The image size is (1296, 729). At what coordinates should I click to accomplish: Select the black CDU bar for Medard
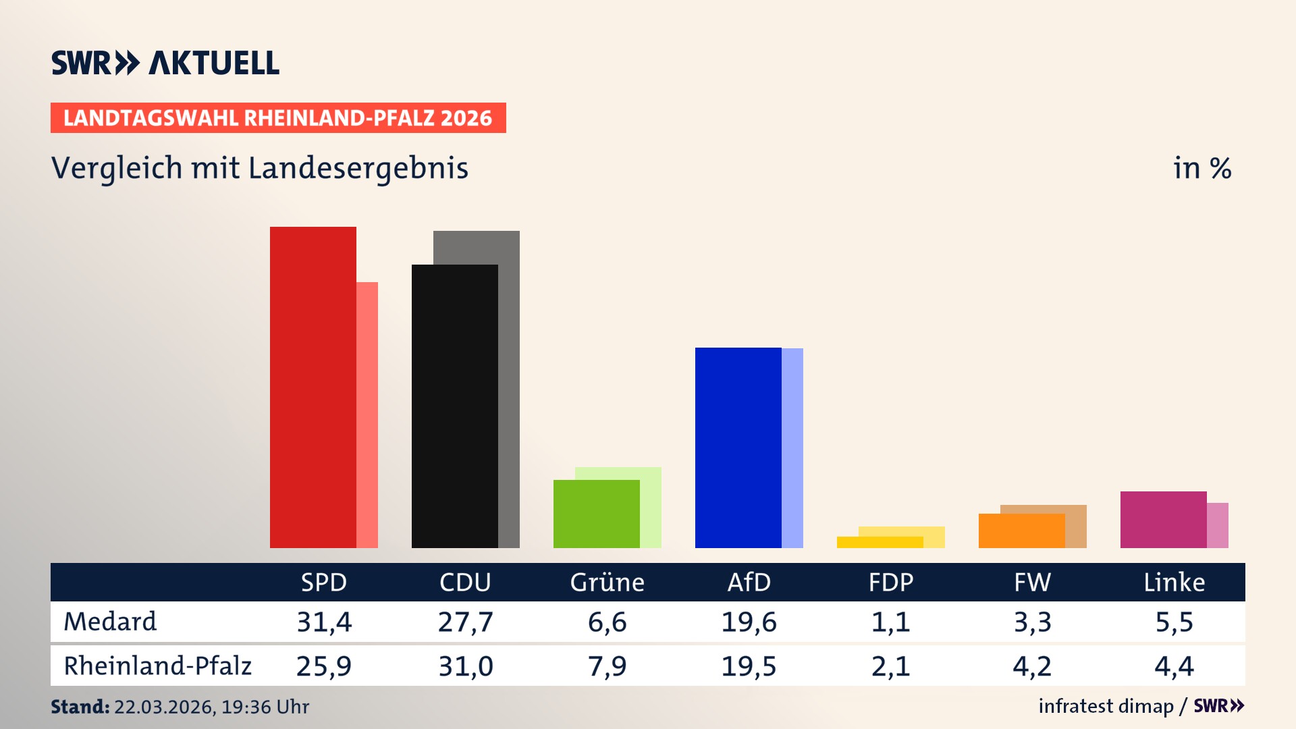click(x=454, y=406)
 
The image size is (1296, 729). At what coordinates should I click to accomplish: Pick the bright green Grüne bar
click(x=596, y=514)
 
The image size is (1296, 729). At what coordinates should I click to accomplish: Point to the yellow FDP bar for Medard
click(x=880, y=542)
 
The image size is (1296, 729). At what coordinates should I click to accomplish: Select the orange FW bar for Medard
click(x=1021, y=531)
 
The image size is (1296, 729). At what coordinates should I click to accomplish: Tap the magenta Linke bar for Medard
click(x=1163, y=519)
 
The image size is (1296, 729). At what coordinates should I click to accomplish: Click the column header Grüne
click(x=607, y=582)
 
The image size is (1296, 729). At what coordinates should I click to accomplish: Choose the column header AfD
click(x=749, y=582)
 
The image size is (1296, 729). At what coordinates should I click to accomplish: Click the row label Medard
click(x=110, y=622)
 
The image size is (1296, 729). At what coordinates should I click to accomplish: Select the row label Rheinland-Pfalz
click(x=157, y=666)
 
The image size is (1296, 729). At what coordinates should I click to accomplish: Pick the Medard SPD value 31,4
click(x=324, y=622)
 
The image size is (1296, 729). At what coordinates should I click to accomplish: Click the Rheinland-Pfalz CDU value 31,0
click(x=466, y=666)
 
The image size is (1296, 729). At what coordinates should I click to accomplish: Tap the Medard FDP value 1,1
click(x=890, y=622)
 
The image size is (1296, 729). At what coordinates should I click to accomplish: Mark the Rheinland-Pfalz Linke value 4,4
click(x=1174, y=666)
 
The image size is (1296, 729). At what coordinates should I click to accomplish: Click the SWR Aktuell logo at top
click(x=165, y=63)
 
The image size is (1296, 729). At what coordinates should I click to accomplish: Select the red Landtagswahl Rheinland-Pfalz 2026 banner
click(x=278, y=118)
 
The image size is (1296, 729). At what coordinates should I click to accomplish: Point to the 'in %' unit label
click(x=1202, y=168)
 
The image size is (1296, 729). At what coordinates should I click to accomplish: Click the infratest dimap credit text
click(x=1106, y=706)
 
